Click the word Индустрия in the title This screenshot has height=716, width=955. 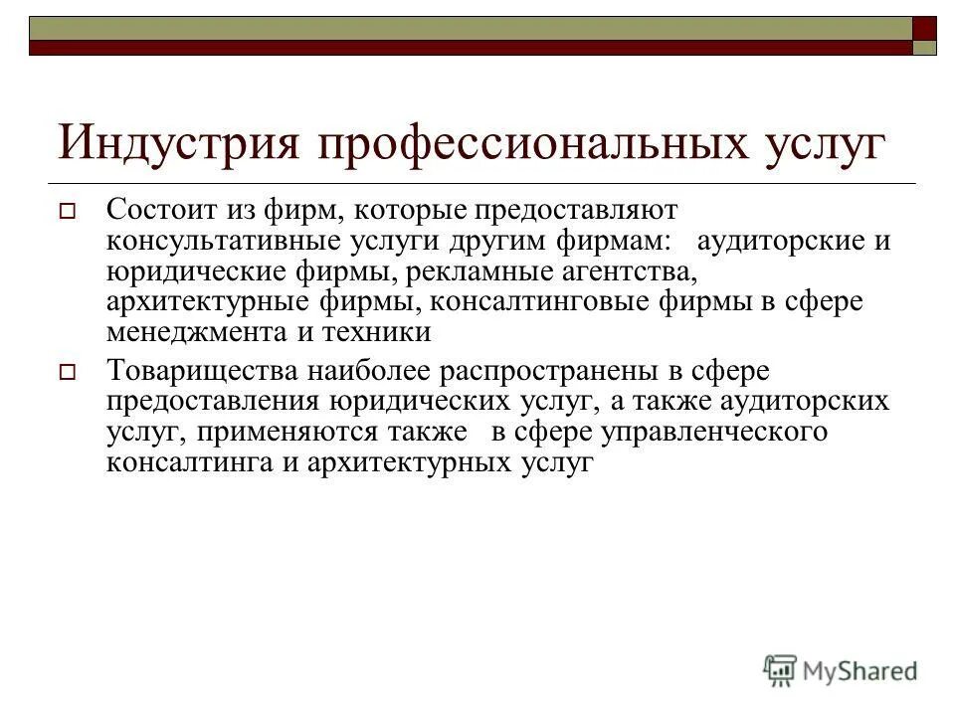coord(180,141)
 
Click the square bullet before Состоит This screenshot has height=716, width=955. coord(68,212)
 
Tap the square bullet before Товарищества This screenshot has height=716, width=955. coord(68,373)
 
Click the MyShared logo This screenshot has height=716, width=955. coord(841,669)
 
